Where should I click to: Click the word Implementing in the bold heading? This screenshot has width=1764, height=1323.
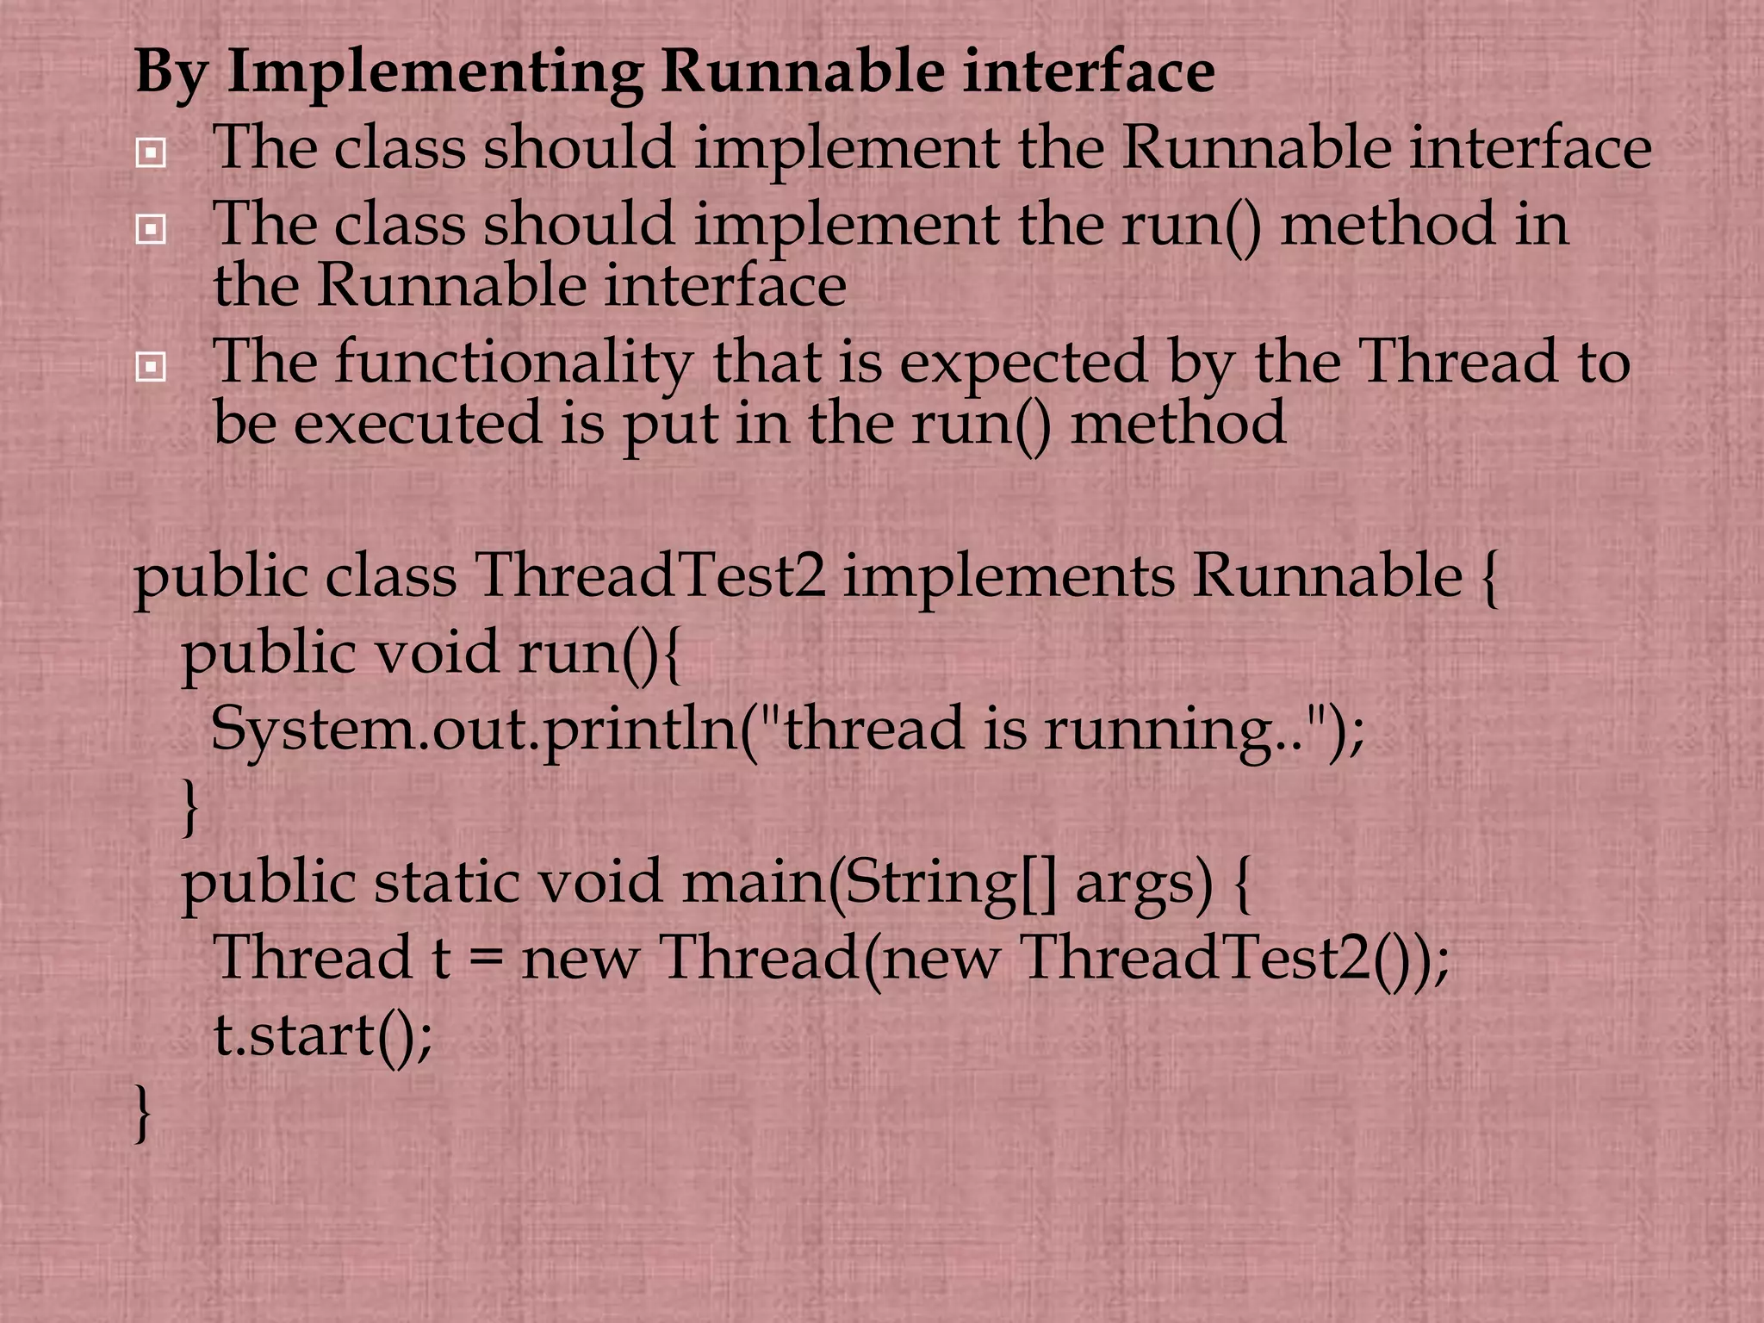click(x=435, y=73)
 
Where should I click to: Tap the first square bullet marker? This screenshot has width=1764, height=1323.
click(x=151, y=153)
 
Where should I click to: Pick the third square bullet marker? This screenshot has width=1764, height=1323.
click(x=151, y=368)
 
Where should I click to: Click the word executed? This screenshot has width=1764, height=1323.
click(x=419, y=424)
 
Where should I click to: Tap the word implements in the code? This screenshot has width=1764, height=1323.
click(x=1009, y=577)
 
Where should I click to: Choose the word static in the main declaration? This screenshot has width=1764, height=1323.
click(x=447, y=882)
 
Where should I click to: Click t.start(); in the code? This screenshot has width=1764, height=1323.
click(x=323, y=1035)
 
